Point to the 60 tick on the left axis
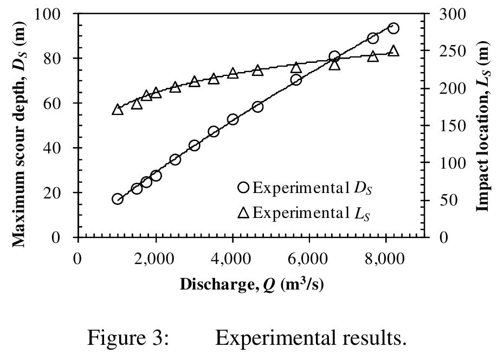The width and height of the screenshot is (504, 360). (58, 103)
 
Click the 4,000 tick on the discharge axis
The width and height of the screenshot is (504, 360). (232, 259)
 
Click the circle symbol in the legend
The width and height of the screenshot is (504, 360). (243, 188)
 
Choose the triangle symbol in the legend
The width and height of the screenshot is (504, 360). (243, 212)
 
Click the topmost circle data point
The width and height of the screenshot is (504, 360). (393, 28)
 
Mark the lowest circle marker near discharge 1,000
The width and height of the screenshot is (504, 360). (118, 199)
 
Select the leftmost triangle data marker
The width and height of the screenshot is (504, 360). (118, 110)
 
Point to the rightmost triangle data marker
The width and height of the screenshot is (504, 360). (393, 52)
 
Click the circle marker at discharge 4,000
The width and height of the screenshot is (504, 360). (233, 120)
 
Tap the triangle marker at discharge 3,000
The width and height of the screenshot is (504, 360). (195, 82)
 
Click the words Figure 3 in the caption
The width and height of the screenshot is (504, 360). (129, 338)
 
